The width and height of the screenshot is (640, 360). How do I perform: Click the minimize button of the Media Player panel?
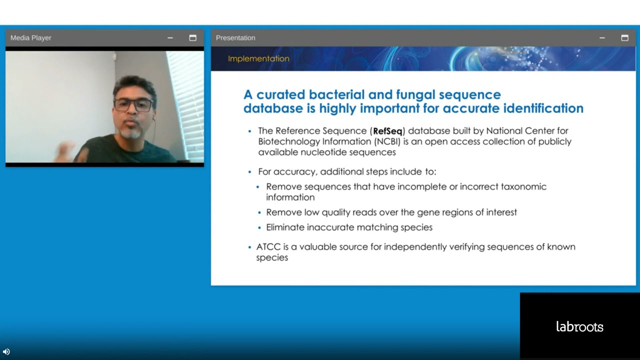(170, 38)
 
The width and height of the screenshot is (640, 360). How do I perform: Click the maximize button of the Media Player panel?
(192, 38)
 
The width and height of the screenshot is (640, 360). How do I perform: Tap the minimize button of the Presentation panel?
(602, 38)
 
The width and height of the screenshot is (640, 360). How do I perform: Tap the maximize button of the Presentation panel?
(624, 38)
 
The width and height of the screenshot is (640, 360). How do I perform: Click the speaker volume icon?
(6, 351)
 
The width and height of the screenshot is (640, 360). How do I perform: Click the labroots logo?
(579, 327)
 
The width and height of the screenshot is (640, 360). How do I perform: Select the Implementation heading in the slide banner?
(258, 58)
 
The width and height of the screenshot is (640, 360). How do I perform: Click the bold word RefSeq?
(387, 131)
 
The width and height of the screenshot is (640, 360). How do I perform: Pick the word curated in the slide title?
(280, 94)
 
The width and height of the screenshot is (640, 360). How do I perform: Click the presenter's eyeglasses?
(133, 105)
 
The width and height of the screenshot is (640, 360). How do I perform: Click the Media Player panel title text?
(31, 38)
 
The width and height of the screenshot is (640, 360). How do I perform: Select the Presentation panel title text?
(235, 38)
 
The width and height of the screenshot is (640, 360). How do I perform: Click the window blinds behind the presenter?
(185, 100)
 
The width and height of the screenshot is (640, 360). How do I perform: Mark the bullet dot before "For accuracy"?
(250, 172)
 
